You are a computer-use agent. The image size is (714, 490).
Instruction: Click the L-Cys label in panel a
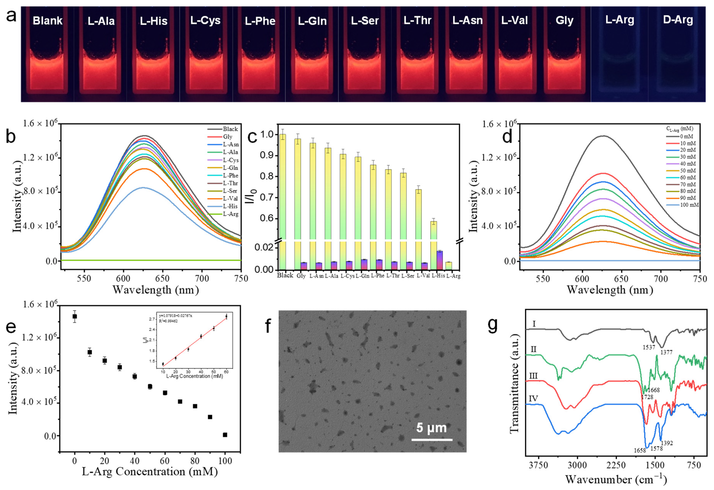coord(205,21)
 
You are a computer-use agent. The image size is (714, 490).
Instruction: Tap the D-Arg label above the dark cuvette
coord(678,20)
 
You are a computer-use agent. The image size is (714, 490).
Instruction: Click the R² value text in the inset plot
coord(168,321)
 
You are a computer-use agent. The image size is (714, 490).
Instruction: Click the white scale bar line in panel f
coord(432,440)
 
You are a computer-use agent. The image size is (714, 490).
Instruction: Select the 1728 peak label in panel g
coord(647,397)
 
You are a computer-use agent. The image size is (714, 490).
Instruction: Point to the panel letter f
coord(268,326)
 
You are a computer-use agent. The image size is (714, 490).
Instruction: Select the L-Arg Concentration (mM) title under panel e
coord(150,472)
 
